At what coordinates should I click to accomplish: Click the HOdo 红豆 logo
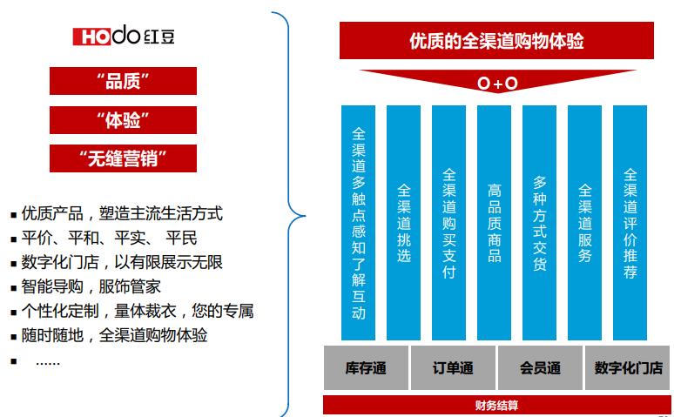click(x=122, y=36)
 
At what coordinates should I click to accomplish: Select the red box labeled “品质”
click(x=123, y=81)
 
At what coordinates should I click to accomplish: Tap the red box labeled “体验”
click(x=123, y=119)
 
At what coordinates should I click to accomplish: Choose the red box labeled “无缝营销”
click(x=123, y=158)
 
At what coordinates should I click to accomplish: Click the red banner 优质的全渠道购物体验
click(x=497, y=41)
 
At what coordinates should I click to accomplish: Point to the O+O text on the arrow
click(x=497, y=84)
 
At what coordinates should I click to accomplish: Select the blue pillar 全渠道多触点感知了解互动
click(x=358, y=222)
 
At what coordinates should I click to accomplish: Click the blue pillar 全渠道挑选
click(x=403, y=222)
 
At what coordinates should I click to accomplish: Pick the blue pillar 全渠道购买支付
click(x=448, y=222)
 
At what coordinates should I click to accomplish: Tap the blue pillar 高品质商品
click(x=494, y=222)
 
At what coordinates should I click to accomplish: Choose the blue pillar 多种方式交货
click(x=539, y=222)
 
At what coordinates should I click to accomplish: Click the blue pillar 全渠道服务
click(x=584, y=222)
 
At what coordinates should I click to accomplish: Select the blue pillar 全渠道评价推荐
click(x=630, y=222)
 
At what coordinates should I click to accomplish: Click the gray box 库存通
click(x=366, y=367)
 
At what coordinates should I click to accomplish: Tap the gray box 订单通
click(x=453, y=367)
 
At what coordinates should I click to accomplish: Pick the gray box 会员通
click(x=540, y=367)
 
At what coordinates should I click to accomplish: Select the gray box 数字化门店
click(x=628, y=367)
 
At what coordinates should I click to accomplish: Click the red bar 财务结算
click(x=496, y=405)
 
